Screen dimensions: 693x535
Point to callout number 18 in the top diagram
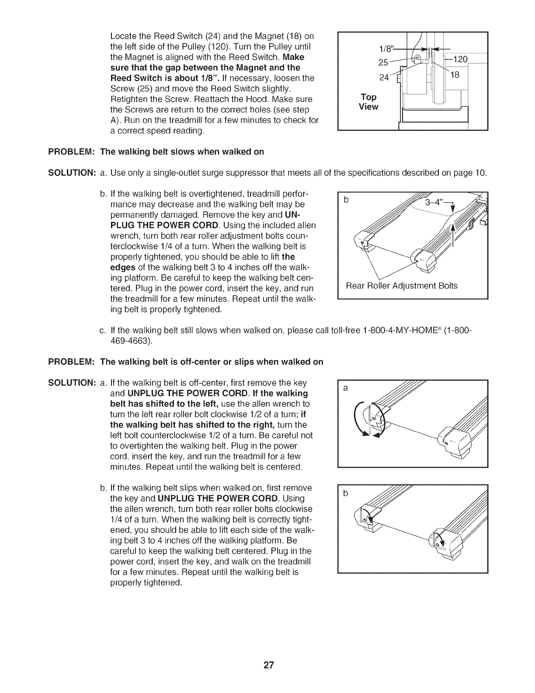(x=454, y=75)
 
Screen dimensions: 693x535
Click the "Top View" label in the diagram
(x=368, y=102)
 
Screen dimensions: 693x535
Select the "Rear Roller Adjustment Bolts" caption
(x=401, y=286)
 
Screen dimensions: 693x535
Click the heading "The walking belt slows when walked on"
(x=182, y=152)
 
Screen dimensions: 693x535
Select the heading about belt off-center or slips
(x=212, y=361)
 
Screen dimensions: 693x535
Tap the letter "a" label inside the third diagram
(x=346, y=388)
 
